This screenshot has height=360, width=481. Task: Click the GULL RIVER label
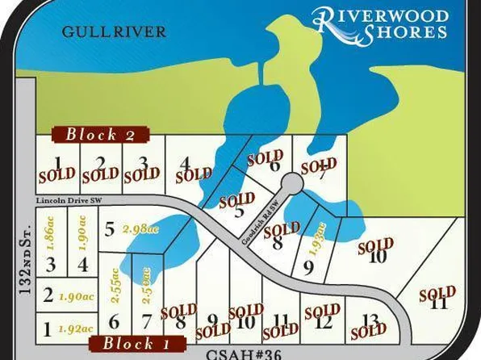(x=113, y=31)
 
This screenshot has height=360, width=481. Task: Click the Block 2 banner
(x=101, y=135)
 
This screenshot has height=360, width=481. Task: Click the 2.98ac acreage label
(x=137, y=228)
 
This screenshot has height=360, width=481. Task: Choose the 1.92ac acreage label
(x=75, y=329)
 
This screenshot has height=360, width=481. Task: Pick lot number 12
(x=323, y=323)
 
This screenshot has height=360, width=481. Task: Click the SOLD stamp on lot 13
(x=369, y=330)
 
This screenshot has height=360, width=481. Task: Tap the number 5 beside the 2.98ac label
(x=109, y=230)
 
